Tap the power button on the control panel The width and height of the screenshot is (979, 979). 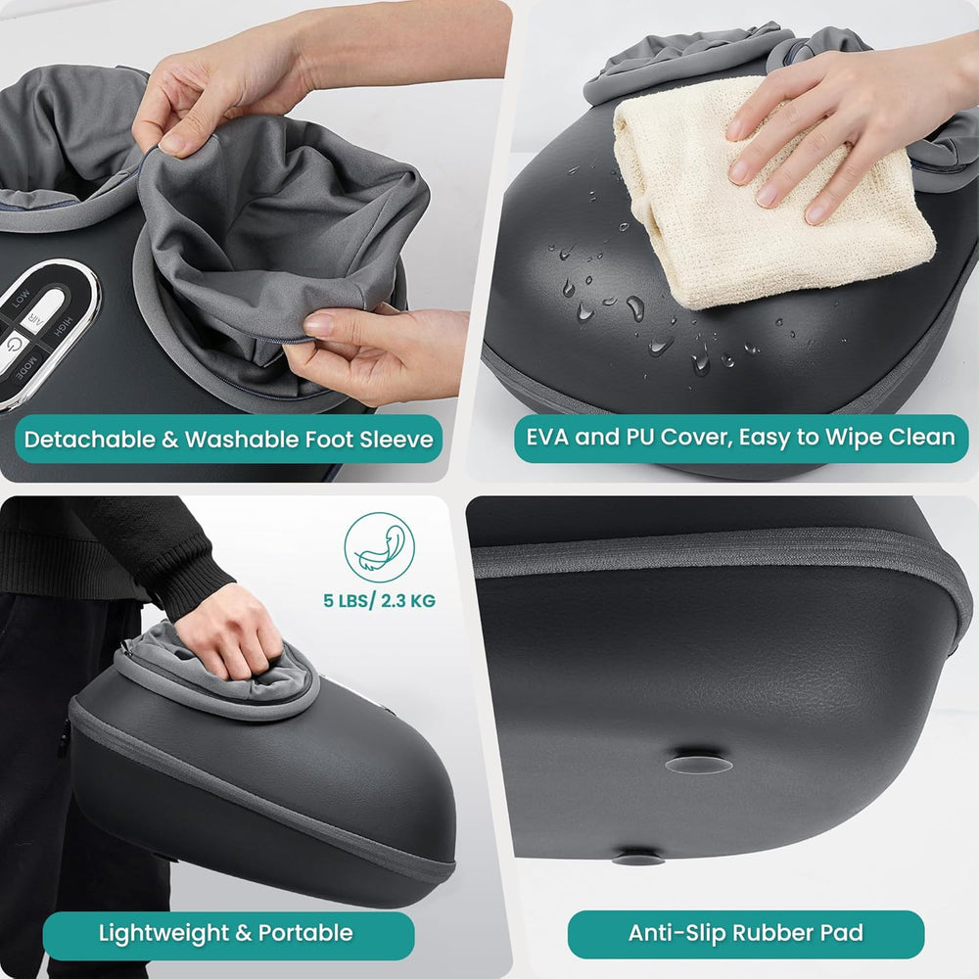(14, 346)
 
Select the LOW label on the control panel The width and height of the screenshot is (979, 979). (22, 299)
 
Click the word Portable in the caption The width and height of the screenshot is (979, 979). (307, 932)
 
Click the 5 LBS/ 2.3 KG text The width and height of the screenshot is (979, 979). (380, 600)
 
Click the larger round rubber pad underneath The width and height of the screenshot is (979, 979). (697, 762)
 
